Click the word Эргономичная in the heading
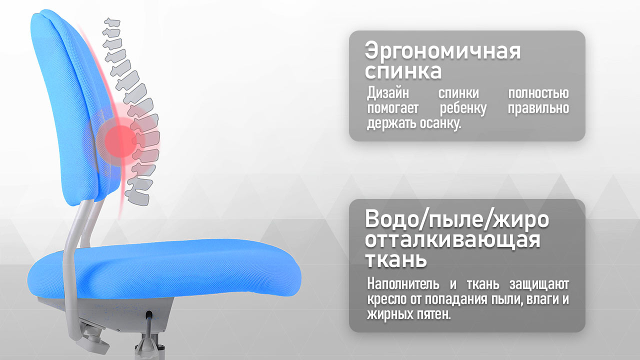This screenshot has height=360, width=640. (x=443, y=51)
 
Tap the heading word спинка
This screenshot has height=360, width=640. (x=403, y=71)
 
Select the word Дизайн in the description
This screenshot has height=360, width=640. (x=388, y=93)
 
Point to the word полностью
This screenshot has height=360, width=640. (x=538, y=93)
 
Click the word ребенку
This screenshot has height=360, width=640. (x=463, y=109)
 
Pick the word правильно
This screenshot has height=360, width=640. (x=538, y=109)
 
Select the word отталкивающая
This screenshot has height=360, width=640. (x=452, y=240)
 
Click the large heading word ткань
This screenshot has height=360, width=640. (x=395, y=259)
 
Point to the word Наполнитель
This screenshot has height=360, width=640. (x=403, y=284)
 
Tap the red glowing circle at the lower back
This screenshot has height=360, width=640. (x=120, y=141)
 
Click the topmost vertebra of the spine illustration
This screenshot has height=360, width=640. (x=112, y=23)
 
